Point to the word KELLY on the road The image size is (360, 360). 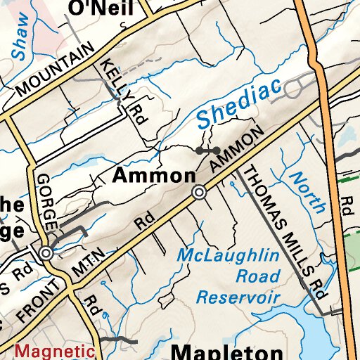pyautogui.click(x=110, y=76)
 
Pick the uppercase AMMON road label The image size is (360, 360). pyautogui.click(x=237, y=150)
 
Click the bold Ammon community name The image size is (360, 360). pyautogui.click(x=154, y=175)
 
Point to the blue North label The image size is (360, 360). pyautogui.click(x=308, y=192)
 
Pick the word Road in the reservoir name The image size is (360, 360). pyautogui.click(x=257, y=275)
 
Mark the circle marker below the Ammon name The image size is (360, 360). pyautogui.click(x=200, y=192)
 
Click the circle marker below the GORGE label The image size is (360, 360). pyautogui.click(x=46, y=253)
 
